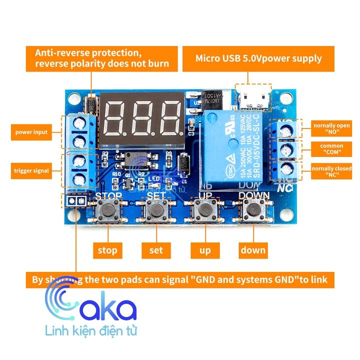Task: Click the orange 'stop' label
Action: pos(107,250)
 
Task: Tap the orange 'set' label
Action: pos(156,250)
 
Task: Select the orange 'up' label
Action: pos(205,250)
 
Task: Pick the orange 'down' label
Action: pos(253,250)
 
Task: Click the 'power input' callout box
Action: pos(31,132)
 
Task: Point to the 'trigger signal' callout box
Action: pos(31,170)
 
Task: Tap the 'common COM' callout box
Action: pos(331,148)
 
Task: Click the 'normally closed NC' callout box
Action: pos(331,171)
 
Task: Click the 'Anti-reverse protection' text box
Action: pos(102,58)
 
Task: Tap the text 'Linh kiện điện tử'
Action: pos(90,331)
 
